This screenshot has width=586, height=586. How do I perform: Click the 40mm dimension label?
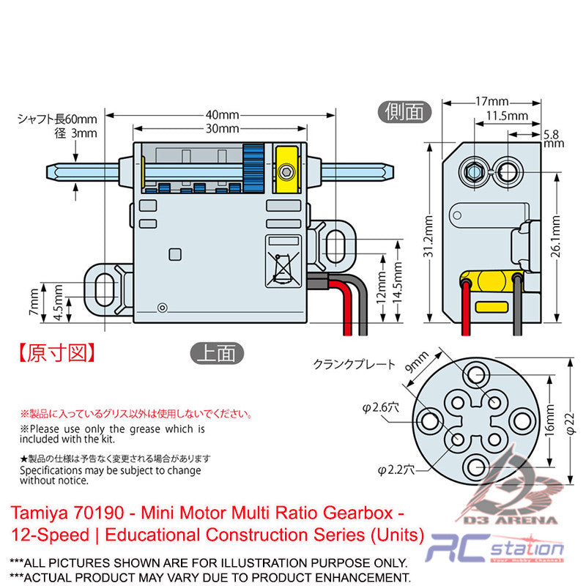point(221,115)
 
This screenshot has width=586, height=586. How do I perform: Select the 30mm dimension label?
point(221,129)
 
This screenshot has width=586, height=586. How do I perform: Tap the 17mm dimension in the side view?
point(492,101)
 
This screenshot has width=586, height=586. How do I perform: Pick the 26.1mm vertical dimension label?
point(557,239)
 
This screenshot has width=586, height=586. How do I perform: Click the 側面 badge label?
point(405,111)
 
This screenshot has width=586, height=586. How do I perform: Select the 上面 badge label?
point(215,353)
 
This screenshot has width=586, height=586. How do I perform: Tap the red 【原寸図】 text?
point(56,353)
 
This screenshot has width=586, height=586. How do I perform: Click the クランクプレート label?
point(354,364)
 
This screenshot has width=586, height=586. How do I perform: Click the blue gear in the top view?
point(253,169)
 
